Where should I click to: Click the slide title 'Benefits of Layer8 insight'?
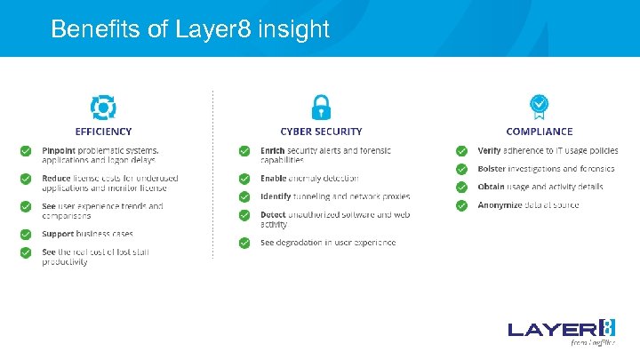point(189,29)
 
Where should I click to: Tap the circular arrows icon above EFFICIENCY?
point(103,108)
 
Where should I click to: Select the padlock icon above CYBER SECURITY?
point(321,107)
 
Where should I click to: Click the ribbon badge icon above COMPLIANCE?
point(539,107)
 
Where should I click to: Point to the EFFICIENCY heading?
point(103,132)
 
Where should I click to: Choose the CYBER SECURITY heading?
point(321,132)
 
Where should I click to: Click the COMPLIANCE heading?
point(539,132)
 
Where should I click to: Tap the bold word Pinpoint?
point(59,150)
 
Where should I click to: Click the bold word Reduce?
point(57,178)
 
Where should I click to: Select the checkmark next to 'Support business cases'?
point(27,235)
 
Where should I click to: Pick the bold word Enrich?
point(273,150)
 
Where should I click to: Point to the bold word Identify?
point(276,196)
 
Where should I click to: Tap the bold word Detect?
point(273,215)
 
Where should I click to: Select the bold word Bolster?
point(492,169)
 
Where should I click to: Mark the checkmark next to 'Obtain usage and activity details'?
point(461,187)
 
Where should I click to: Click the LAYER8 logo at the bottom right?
point(562,330)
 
